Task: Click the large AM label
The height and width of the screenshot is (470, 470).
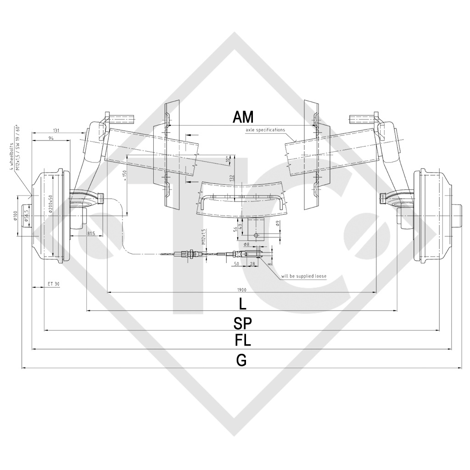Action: (243, 117)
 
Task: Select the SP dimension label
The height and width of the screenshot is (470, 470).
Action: (242, 323)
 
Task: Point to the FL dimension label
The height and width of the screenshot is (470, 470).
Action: (242, 341)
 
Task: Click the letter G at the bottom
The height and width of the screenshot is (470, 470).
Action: (241, 360)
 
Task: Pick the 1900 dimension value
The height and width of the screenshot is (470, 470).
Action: (242, 290)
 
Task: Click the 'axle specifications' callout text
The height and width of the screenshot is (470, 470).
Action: (265, 130)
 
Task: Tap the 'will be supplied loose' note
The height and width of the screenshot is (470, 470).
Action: (304, 276)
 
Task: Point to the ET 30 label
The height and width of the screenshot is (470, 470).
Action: (53, 284)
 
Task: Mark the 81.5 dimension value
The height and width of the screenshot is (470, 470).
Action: (90, 234)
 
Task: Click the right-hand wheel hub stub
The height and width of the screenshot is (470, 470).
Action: (459, 216)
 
